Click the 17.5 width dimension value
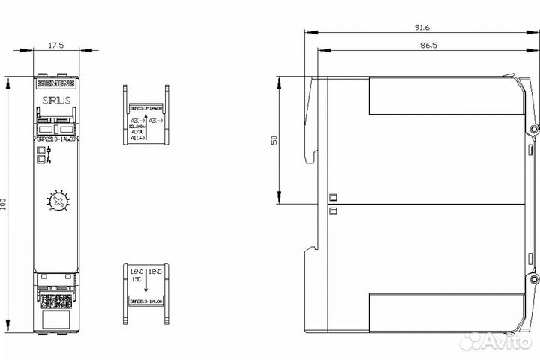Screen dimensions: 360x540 (56, 45)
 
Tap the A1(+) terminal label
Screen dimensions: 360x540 (136, 139)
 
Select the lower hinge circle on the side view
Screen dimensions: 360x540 (534, 279)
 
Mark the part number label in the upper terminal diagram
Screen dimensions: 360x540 (145, 109)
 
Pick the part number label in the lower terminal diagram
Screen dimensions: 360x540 (145, 301)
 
